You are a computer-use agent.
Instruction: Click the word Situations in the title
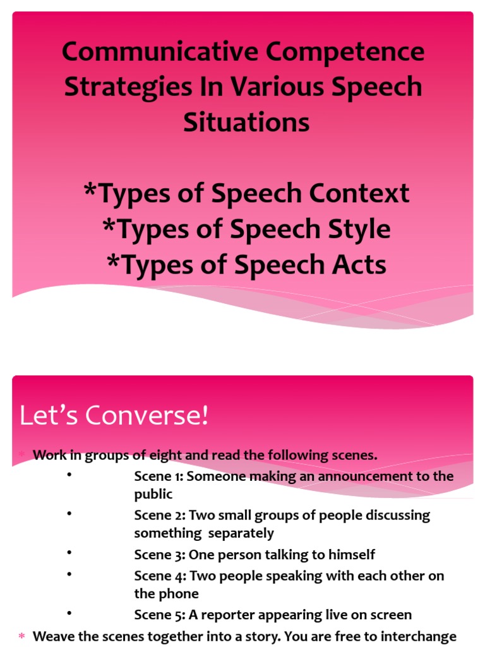(x=246, y=122)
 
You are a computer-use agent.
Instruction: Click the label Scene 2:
(x=160, y=515)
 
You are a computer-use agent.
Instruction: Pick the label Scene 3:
(x=160, y=555)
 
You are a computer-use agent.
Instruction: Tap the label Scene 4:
(x=160, y=576)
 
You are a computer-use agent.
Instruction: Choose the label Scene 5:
(x=160, y=615)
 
